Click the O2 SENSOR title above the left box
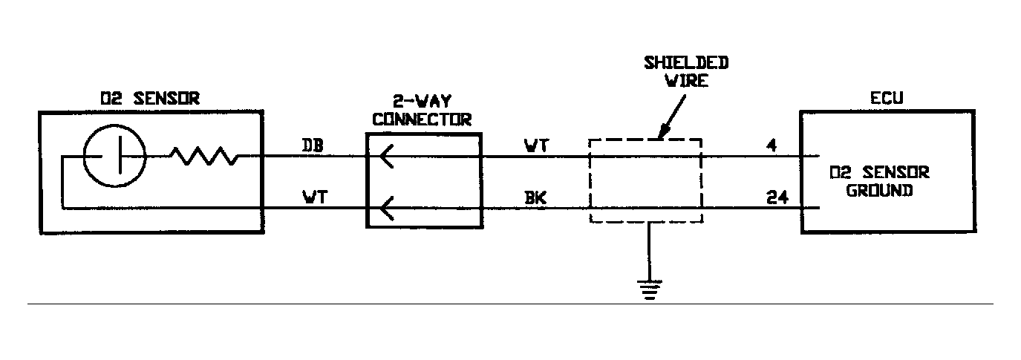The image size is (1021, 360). click(149, 97)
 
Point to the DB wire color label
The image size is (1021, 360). click(311, 145)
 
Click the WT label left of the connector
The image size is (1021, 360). click(311, 197)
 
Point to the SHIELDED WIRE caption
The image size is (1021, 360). click(685, 71)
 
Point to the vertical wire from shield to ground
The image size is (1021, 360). click(649, 252)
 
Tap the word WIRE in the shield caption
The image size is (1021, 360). click(685, 79)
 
